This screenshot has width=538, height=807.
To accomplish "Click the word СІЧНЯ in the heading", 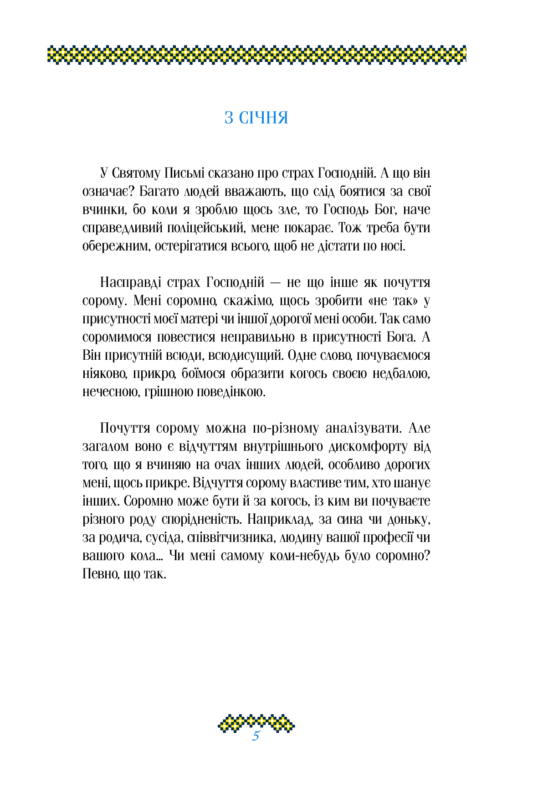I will pos(264,118).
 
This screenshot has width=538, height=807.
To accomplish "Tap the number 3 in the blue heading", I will pos(229,118).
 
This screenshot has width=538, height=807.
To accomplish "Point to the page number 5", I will pos(256,736).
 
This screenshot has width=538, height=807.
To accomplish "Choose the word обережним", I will pos(116,246).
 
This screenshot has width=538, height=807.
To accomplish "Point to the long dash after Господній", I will pos(276,283).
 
